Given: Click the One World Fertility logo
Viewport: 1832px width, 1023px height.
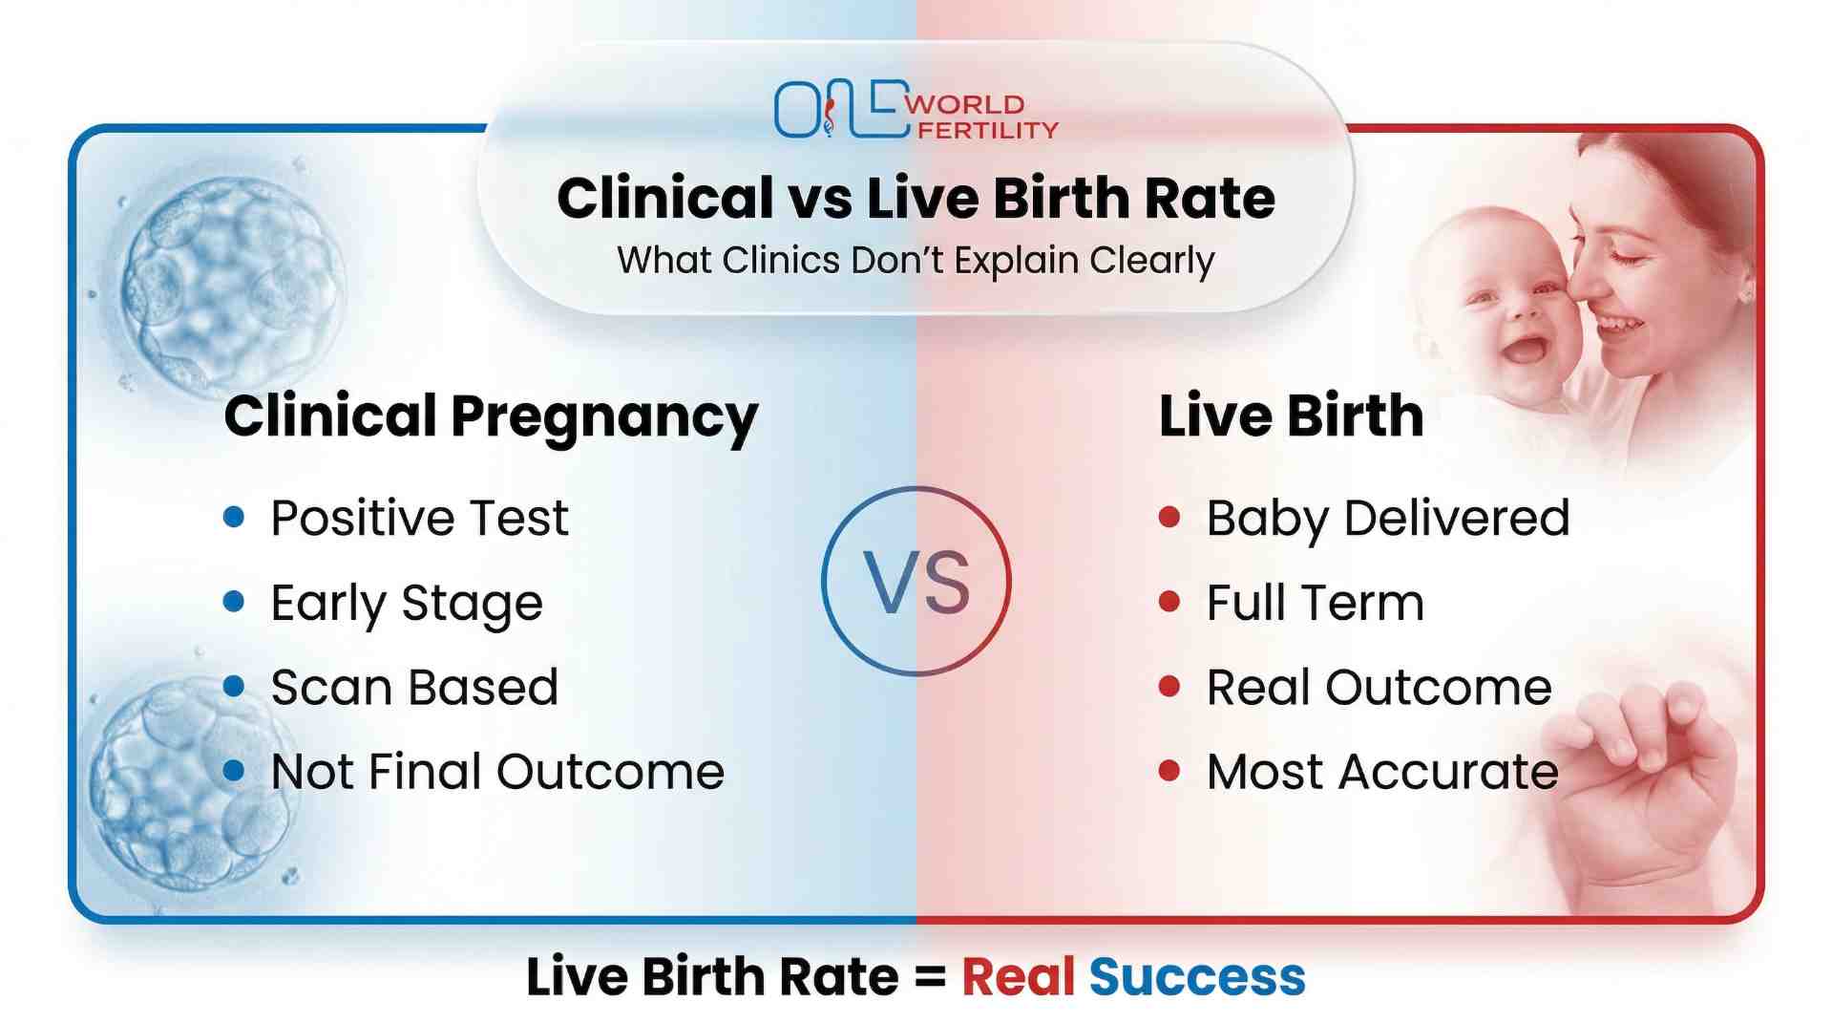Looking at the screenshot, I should [915, 111].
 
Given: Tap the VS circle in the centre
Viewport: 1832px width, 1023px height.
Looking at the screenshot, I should [916, 581].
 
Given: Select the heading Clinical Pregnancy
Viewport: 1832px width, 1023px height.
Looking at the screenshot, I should [491, 417].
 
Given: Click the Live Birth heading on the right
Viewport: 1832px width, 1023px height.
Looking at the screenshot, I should [1291, 416].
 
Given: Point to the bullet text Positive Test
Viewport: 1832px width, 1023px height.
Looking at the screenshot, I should [419, 519].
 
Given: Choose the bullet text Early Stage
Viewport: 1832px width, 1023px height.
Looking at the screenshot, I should [407, 604].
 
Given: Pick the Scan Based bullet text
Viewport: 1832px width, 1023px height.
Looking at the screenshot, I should [414, 688].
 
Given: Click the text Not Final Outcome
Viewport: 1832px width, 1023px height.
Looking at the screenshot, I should [497, 772].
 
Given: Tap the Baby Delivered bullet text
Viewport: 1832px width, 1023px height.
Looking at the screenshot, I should [1387, 519].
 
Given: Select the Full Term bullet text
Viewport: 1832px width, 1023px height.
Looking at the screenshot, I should [1315, 604].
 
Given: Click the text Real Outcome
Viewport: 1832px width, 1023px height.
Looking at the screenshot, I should [1379, 688].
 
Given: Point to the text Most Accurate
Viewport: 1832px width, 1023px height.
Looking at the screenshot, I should [1382, 772].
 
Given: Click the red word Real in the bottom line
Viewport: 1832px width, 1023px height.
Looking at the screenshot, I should [1018, 977].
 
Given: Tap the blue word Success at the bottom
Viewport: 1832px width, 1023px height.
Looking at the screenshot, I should [1196, 977].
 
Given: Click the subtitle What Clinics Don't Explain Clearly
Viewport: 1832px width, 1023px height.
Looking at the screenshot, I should [916, 260].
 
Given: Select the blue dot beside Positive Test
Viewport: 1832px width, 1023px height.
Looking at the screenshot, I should [234, 518].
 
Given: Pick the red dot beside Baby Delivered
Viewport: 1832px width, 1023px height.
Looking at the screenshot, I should [1169, 518].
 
